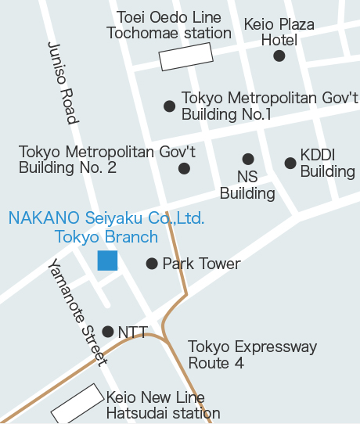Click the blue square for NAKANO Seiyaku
[x=107, y=261]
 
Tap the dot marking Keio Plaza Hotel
[x=279, y=56]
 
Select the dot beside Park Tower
[x=152, y=264]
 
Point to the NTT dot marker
[x=108, y=332]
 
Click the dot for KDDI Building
[x=290, y=163]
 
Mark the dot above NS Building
[x=248, y=159]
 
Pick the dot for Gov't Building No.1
[x=169, y=106]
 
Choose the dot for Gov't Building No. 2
[x=184, y=168]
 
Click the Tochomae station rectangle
[x=186, y=56]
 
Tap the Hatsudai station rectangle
[x=77, y=402]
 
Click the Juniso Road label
[x=63, y=83]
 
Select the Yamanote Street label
[x=77, y=311]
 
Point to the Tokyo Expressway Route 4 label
[x=252, y=354]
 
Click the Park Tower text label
[x=201, y=264]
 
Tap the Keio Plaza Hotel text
[x=279, y=32]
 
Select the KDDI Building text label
[x=327, y=163]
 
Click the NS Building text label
[x=247, y=185]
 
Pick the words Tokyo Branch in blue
[x=106, y=236]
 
